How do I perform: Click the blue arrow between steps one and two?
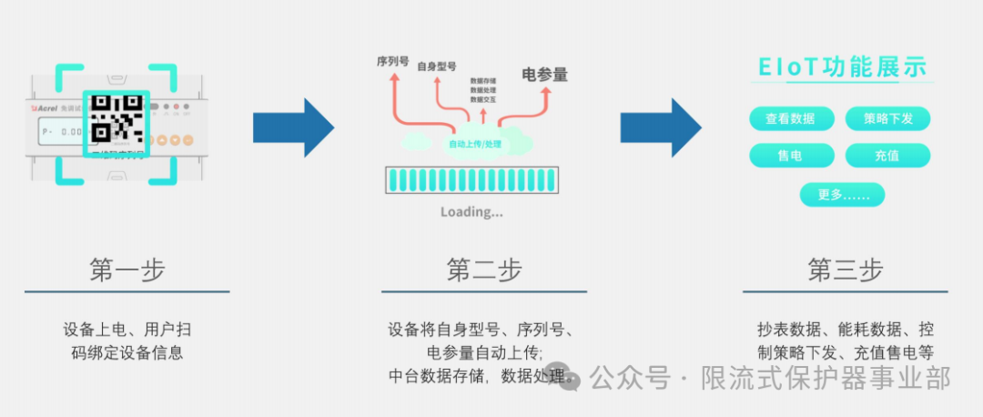tap(293, 127)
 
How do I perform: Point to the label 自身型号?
tap(436, 66)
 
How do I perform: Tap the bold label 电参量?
tap(544, 76)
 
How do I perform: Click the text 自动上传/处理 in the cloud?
tap(475, 144)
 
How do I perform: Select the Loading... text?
tap(471, 212)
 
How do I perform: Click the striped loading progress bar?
tap(471, 178)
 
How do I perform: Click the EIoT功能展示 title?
tap(843, 67)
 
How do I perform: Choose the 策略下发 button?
tap(887, 118)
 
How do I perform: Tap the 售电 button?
tap(790, 156)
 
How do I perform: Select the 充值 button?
tap(887, 156)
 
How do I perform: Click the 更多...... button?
tap(842, 195)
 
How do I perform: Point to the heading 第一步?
tap(127, 270)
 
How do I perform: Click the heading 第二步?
tap(484, 270)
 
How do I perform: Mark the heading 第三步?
tap(846, 270)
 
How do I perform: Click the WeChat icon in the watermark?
tap(569, 378)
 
